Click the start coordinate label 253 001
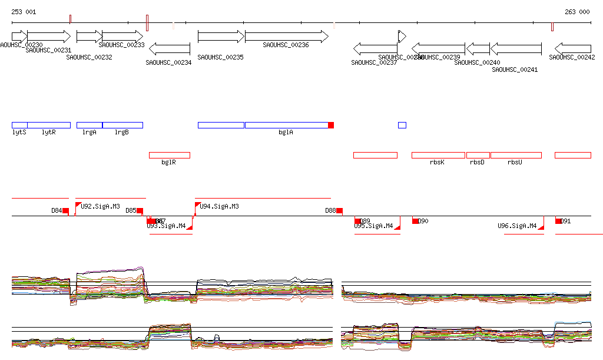click(x=24, y=12)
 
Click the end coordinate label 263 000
click(x=577, y=12)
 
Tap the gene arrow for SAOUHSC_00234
click(x=169, y=48)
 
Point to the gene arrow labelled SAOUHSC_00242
click(x=573, y=48)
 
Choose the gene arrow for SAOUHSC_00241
click(x=516, y=48)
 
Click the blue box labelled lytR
click(x=49, y=125)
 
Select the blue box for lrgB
click(x=122, y=125)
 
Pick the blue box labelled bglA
click(x=286, y=125)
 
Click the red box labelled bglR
click(x=170, y=155)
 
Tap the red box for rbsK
click(x=438, y=155)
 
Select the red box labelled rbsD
click(x=478, y=155)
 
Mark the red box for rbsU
click(x=516, y=155)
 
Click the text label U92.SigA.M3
click(x=101, y=206)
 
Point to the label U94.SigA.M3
click(x=220, y=206)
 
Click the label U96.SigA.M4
click(x=518, y=226)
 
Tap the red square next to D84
click(x=66, y=211)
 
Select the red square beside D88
click(x=340, y=211)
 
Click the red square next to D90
click(x=415, y=221)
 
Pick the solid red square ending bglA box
click(x=331, y=125)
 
